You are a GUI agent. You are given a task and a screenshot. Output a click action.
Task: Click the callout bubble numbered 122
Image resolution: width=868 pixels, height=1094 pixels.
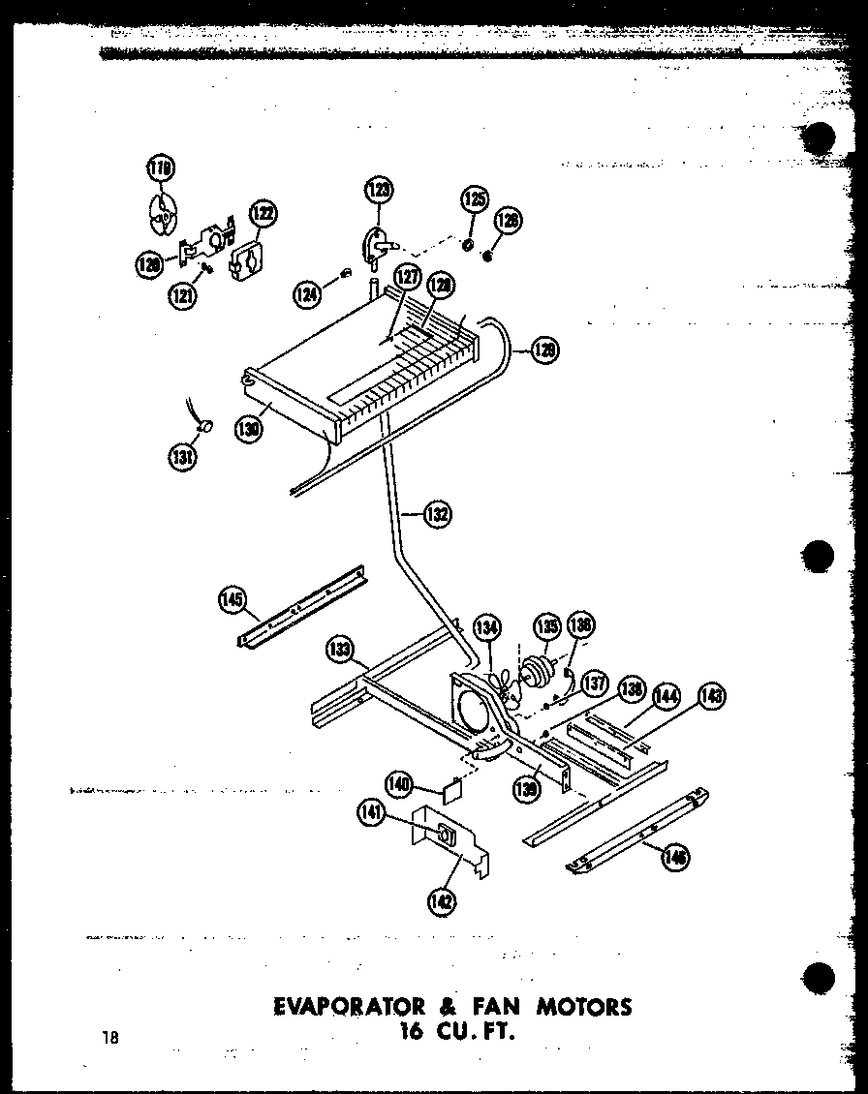pyautogui.click(x=263, y=213)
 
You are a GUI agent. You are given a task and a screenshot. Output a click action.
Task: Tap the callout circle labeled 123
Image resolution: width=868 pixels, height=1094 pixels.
pyautogui.click(x=379, y=190)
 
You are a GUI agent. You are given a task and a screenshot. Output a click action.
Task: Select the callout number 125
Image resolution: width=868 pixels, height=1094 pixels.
pyautogui.click(x=474, y=200)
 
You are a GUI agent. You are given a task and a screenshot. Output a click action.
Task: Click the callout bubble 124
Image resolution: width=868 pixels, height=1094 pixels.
pyautogui.click(x=309, y=292)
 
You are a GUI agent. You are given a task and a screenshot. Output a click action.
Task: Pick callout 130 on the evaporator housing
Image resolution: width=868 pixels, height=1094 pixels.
pyautogui.click(x=249, y=428)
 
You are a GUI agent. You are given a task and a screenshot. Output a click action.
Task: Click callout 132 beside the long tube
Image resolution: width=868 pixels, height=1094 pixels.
pyautogui.click(x=437, y=515)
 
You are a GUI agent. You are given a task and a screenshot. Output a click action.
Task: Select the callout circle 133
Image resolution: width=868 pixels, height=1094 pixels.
pyautogui.click(x=340, y=650)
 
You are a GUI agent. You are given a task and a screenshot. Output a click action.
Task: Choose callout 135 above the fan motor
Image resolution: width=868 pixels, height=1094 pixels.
pyautogui.click(x=547, y=625)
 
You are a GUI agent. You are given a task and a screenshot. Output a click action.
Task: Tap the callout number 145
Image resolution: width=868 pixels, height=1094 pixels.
pyautogui.click(x=232, y=599)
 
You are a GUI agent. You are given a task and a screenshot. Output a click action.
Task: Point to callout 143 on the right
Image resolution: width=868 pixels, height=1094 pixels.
pyautogui.click(x=712, y=695)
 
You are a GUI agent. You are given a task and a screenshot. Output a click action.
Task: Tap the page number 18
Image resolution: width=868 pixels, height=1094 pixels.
pyautogui.click(x=108, y=1037)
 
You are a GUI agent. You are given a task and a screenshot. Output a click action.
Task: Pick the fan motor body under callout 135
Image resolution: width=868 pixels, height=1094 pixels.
pyautogui.click(x=536, y=671)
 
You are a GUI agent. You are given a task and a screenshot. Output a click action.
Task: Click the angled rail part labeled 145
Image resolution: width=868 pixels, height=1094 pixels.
pyautogui.click(x=300, y=609)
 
